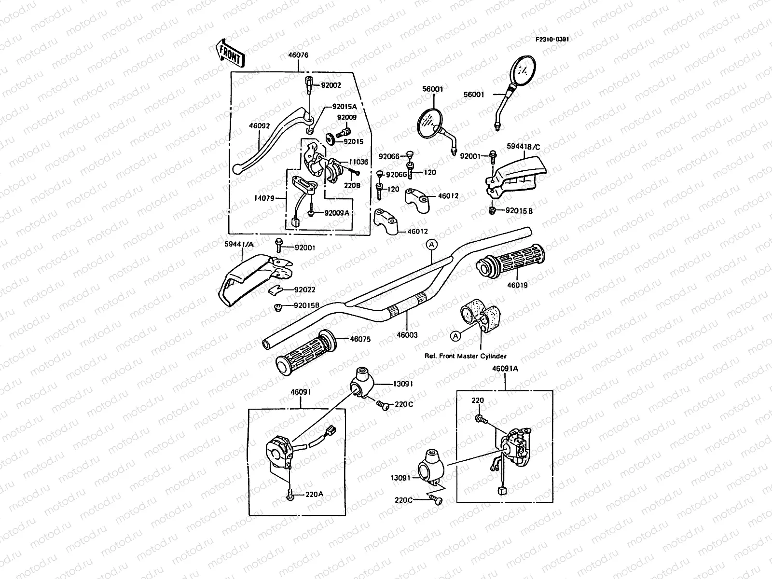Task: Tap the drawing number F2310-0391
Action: [x=551, y=39]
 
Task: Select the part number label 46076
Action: [x=298, y=69]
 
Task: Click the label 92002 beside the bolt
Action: [x=331, y=85]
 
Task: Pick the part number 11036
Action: [x=358, y=163]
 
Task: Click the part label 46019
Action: [x=517, y=285]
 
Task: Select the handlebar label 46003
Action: [x=407, y=334]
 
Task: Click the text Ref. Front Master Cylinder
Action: [x=465, y=356]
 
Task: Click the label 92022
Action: [x=305, y=290]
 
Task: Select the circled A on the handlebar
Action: [x=431, y=245]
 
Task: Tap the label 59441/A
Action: [x=239, y=244]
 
